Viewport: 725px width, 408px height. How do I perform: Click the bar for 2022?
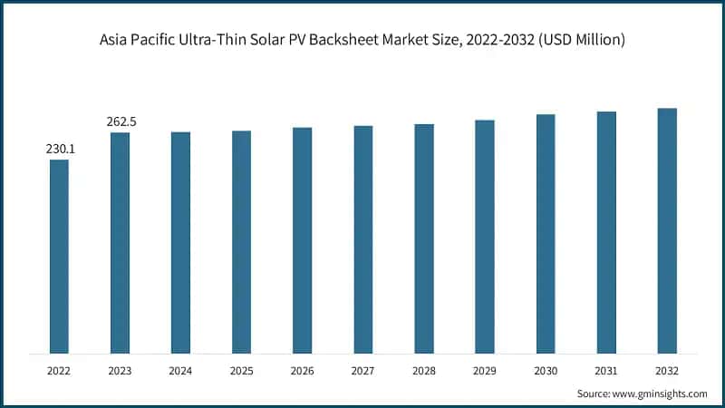[x=59, y=256]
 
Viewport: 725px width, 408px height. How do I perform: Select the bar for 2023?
[x=120, y=242]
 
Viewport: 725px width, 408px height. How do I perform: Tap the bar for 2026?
[x=302, y=239]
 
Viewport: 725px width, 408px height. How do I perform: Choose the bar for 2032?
[x=667, y=230]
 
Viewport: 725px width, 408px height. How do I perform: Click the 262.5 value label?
[x=120, y=121]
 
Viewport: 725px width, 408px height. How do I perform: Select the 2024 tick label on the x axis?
[x=180, y=371]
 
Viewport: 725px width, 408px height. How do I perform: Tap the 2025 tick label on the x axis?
[x=241, y=371]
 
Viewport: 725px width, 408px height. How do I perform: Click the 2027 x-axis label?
[x=362, y=371]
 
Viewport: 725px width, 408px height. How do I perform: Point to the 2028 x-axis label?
[x=423, y=371]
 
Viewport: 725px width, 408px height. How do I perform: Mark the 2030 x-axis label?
[x=546, y=371]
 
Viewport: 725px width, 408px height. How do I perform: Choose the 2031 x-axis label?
[x=606, y=371]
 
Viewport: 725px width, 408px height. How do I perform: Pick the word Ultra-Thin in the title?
[x=206, y=40]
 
